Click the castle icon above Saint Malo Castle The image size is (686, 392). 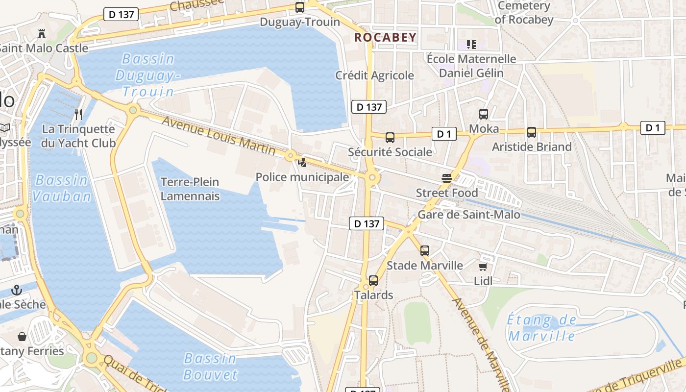pyautogui.click(x=42, y=34)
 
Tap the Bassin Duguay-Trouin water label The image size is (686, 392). pyautogui.click(x=148, y=75)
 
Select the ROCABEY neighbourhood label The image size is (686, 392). pyautogui.click(x=385, y=37)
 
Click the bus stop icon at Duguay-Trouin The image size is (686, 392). pyautogui.click(x=299, y=7)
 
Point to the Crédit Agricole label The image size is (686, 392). pyautogui.click(x=374, y=75)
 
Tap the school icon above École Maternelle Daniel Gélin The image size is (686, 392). pyautogui.click(x=471, y=45)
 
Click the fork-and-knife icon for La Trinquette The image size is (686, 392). pyautogui.click(x=78, y=115)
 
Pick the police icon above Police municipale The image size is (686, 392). pyautogui.click(x=302, y=162)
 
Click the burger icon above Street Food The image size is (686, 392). pyautogui.click(x=446, y=178)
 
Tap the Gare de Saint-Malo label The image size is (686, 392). pyautogui.click(x=468, y=215)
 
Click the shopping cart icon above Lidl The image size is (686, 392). pyautogui.click(x=483, y=267)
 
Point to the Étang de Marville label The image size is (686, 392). pyautogui.click(x=542, y=328)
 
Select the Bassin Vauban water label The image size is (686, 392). pyautogui.click(x=62, y=188)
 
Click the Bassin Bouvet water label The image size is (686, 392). pyautogui.click(x=210, y=366)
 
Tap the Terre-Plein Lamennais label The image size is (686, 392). pyautogui.click(x=190, y=189)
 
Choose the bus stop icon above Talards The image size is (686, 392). pyautogui.click(x=373, y=281)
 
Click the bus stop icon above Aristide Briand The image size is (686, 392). pyautogui.click(x=532, y=132)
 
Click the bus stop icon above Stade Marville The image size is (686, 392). pyautogui.click(x=425, y=251)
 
